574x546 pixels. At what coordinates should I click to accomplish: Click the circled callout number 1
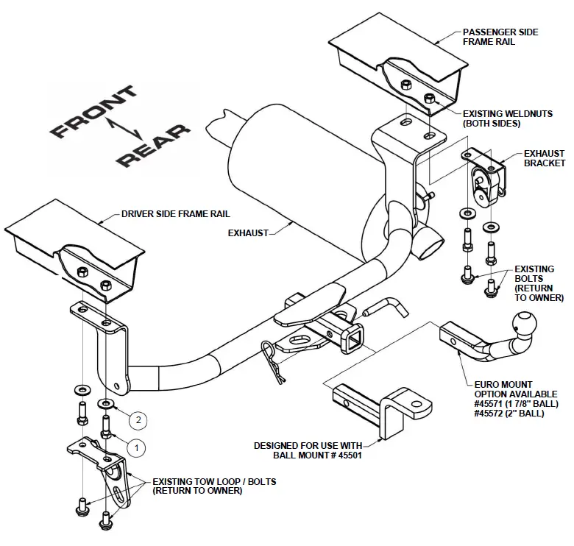(x=136, y=445)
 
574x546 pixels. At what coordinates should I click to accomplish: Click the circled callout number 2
(x=138, y=420)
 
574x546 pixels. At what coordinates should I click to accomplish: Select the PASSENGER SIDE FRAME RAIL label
(x=500, y=38)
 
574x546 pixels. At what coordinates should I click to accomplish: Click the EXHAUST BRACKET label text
(x=544, y=158)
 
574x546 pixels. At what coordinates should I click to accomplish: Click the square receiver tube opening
(x=352, y=339)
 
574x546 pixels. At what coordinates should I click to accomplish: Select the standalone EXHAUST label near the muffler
(x=249, y=233)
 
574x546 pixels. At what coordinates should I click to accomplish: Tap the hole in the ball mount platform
(x=417, y=404)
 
